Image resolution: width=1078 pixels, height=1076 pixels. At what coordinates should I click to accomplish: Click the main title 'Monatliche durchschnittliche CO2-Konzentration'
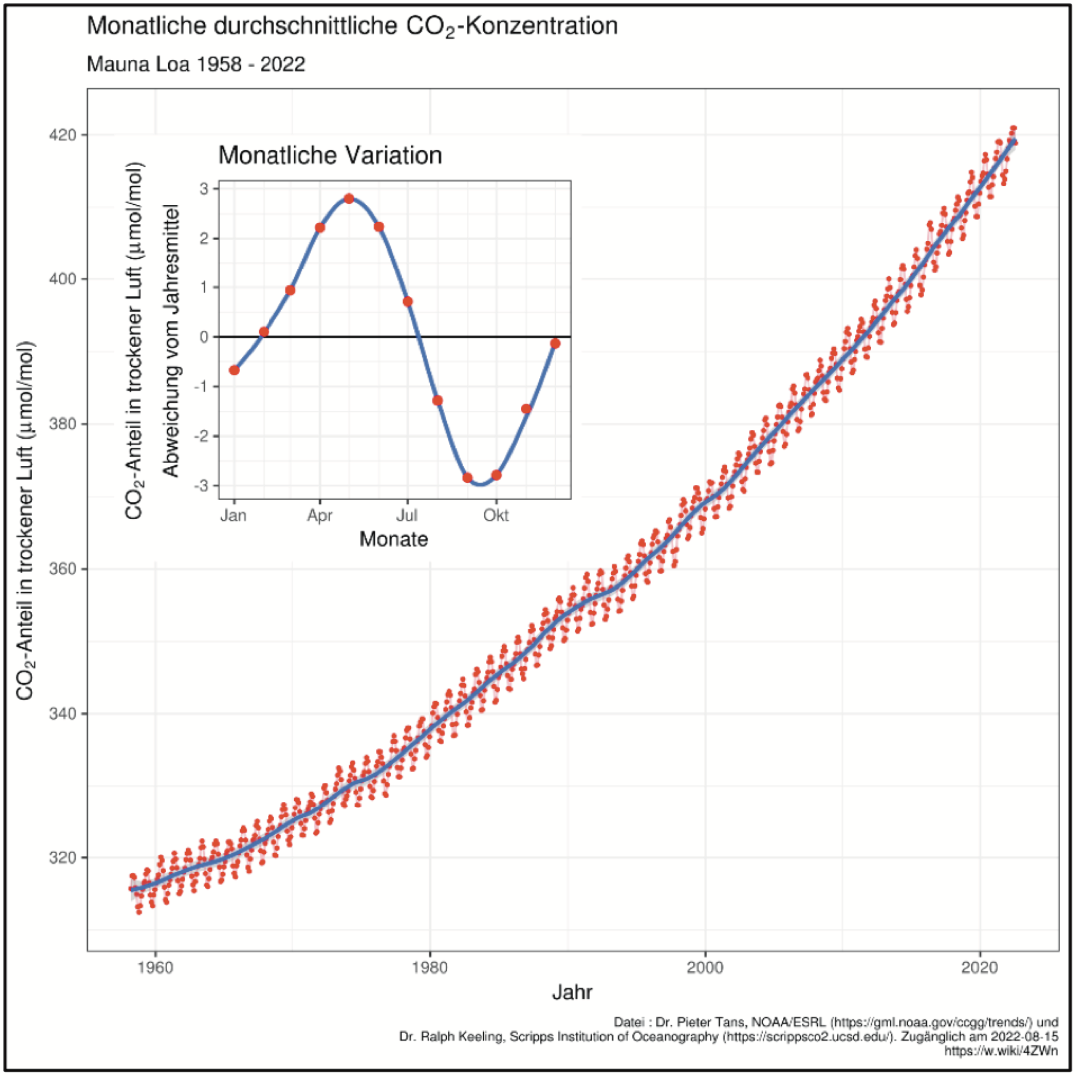[352, 27]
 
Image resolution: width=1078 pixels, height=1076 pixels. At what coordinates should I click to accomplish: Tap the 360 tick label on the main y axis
[65, 569]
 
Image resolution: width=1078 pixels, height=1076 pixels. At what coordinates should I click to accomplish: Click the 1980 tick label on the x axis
[430, 967]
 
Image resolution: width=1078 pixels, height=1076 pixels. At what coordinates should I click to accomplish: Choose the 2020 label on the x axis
[980, 967]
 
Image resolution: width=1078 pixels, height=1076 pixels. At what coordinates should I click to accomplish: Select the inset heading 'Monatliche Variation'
[329, 156]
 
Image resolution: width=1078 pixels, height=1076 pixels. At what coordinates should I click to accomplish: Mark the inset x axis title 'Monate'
[394, 540]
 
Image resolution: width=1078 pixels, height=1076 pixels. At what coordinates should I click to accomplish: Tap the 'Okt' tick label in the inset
[496, 515]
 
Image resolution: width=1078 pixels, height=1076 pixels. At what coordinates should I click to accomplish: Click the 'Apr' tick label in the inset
[319, 515]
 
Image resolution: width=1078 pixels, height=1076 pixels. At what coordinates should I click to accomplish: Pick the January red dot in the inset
[234, 370]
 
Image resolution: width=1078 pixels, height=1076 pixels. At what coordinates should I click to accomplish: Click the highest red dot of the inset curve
[349, 198]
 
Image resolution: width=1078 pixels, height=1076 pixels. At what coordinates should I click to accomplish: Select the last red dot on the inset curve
[555, 344]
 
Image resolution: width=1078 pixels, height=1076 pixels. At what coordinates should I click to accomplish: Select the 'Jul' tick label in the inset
[407, 515]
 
